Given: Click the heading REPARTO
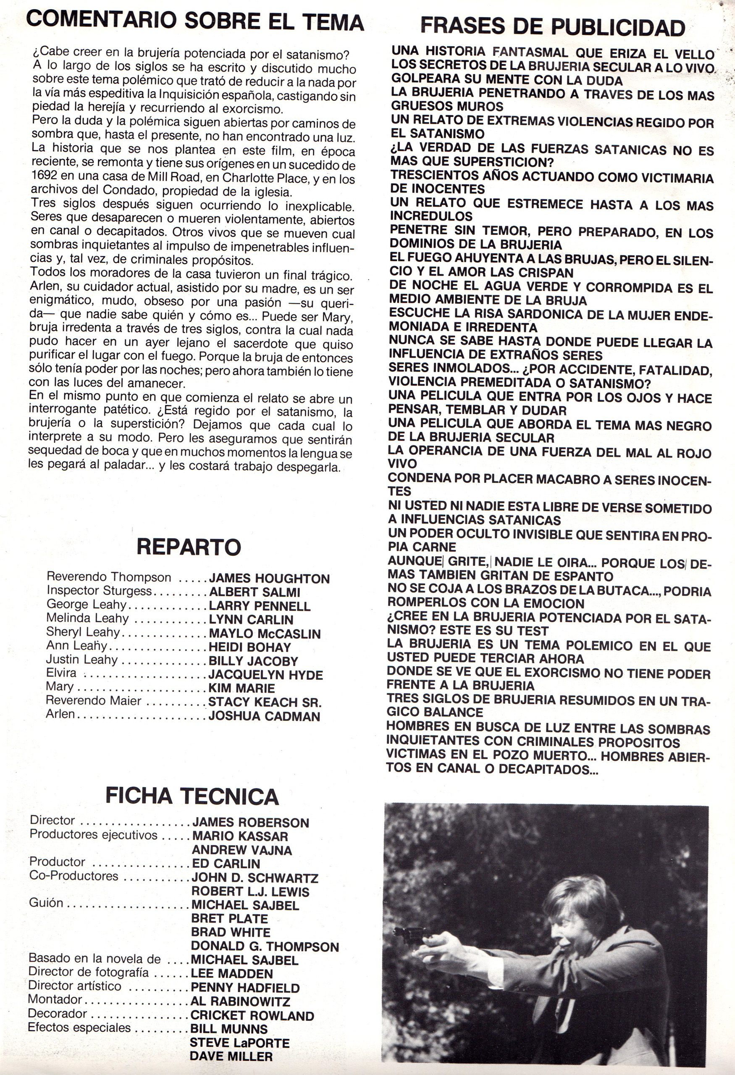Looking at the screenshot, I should click(x=189, y=547).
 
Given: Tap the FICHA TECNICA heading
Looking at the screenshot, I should click(x=192, y=796).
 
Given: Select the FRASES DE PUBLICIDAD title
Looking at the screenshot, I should click(x=553, y=28).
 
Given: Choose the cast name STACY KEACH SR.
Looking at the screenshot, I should click(x=265, y=702).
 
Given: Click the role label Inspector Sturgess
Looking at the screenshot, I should click(x=99, y=591).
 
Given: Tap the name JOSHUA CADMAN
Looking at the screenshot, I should click(x=264, y=716).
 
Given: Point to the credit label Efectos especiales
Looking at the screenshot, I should click(x=79, y=1028).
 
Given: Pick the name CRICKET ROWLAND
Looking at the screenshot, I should click(x=252, y=1016).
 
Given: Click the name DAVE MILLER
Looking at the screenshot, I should click(x=231, y=1056).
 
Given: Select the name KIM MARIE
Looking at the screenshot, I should click(x=241, y=688).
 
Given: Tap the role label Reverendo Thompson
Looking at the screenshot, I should click(x=109, y=577).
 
